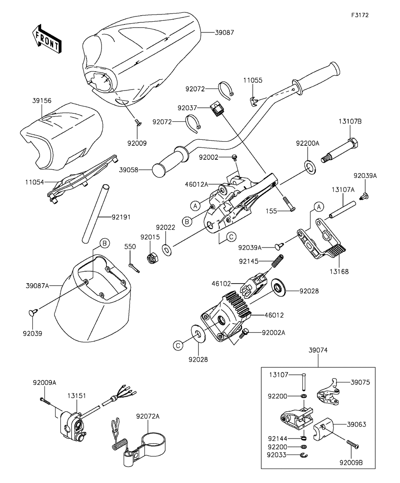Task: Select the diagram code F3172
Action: tap(360, 15)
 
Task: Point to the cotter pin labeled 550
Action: tap(135, 267)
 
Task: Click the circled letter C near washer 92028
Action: tap(178, 344)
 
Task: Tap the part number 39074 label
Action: tap(318, 350)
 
